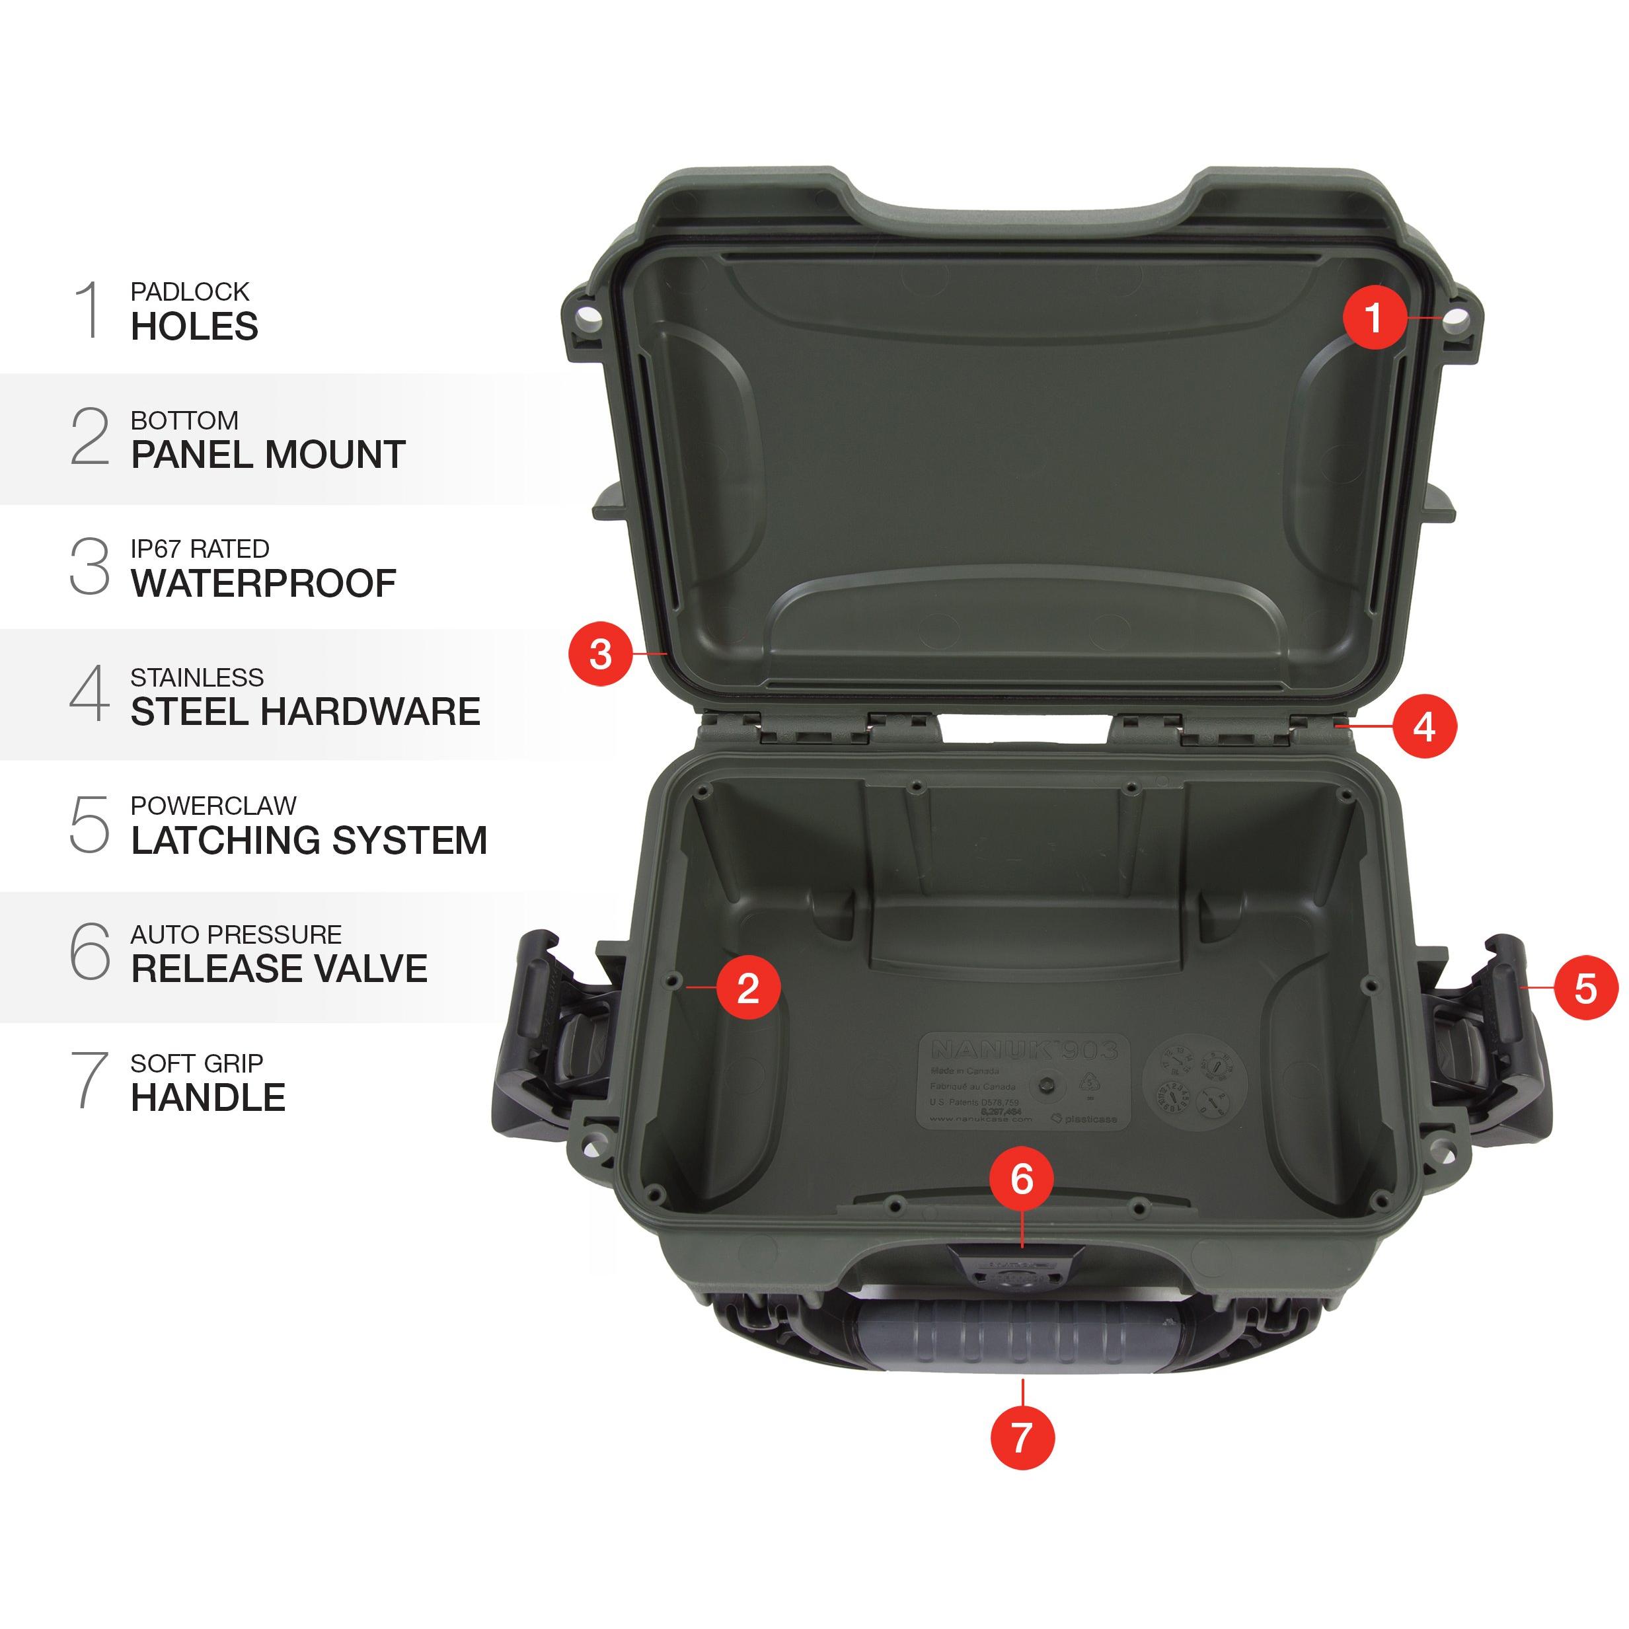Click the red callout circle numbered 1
click(x=1375, y=318)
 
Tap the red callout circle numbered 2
click(x=748, y=987)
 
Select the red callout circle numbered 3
click(x=600, y=654)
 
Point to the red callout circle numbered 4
click(x=1424, y=726)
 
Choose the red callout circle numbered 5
click(x=1586, y=987)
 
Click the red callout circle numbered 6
click(x=1022, y=1179)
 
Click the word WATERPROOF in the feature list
click(x=263, y=584)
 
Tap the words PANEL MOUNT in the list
click(x=268, y=455)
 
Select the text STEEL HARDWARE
click(x=305, y=712)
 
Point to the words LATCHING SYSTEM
click(x=309, y=841)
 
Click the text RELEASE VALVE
click(x=279, y=969)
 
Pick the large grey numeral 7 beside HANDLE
click(x=89, y=1081)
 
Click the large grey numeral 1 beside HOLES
click(x=89, y=311)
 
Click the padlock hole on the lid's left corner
click(x=587, y=321)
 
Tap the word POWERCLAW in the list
click(x=213, y=806)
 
